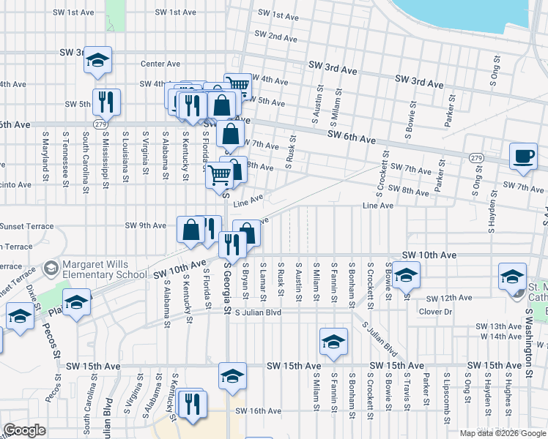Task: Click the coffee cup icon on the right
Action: (523, 157)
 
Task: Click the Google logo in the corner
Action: (25, 430)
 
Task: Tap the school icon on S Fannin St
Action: (333, 342)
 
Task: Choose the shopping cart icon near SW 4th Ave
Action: (237, 85)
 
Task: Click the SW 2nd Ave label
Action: (275, 35)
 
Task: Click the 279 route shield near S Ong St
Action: (476, 157)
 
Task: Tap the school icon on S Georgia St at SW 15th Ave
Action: (232, 376)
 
